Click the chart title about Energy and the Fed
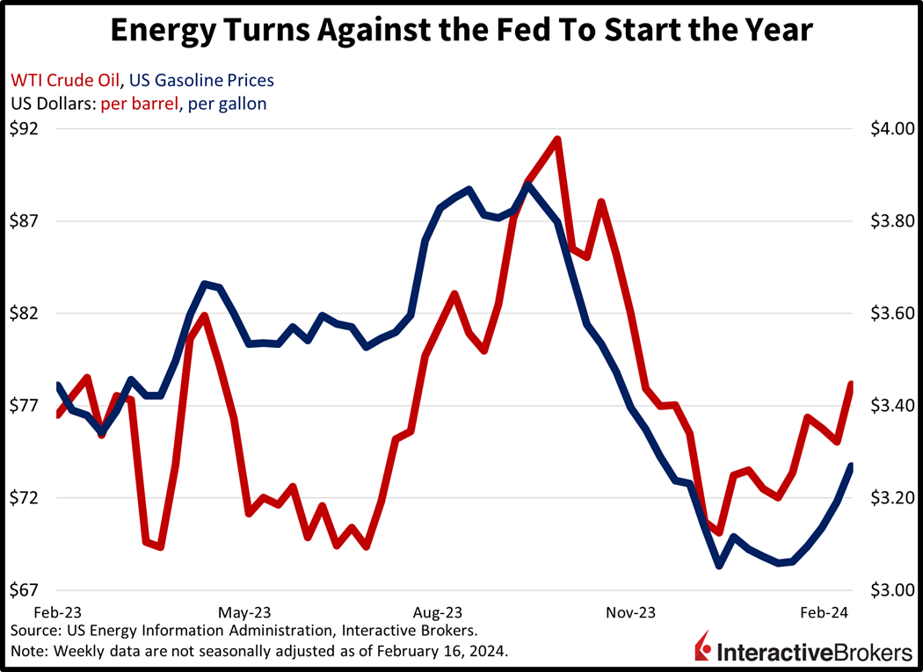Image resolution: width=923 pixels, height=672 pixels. coord(461,32)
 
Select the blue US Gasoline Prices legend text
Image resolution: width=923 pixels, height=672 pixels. coord(201,80)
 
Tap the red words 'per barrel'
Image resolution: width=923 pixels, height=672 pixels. coord(137,103)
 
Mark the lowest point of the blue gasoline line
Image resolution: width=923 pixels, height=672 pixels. coord(719,566)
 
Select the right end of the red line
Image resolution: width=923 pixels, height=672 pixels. coord(852,384)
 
